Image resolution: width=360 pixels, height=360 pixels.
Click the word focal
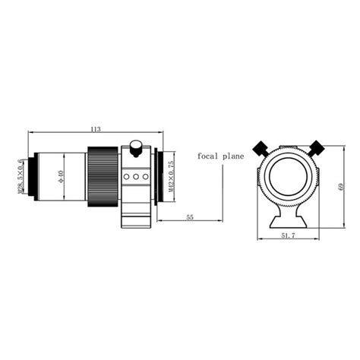click(x=209, y=156)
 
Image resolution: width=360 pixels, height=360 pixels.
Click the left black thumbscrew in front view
click(x=261, y=147)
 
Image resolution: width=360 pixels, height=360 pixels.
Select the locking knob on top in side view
click(x=136, y=145)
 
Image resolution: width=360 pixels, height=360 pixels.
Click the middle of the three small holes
click(x=136, y=176)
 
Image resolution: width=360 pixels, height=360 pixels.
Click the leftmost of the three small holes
click(x=128, y=176)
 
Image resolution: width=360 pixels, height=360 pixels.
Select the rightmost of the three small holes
click(x=144, y=176)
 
